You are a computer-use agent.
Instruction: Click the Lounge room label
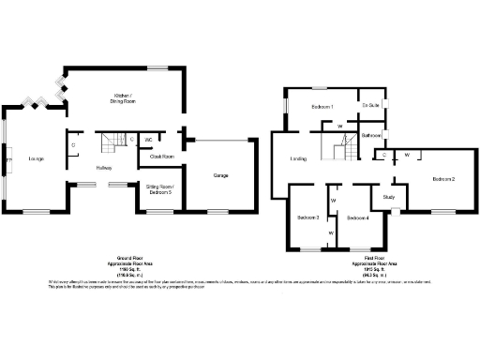36,158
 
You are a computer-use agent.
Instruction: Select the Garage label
220,175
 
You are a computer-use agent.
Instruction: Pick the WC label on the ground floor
149,140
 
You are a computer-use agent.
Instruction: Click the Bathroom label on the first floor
370,136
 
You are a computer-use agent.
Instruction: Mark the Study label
388,198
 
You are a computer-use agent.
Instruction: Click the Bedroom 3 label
308,217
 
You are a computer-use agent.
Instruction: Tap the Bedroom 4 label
357,217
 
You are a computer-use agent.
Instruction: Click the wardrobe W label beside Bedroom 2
407,154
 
